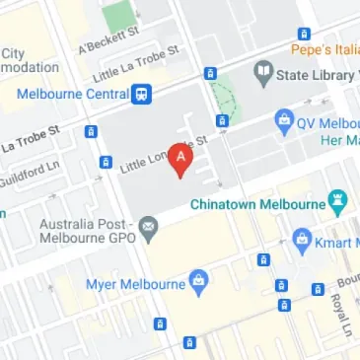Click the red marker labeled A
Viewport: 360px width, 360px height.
point(180,159)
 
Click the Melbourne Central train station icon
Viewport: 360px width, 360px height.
point(143,95)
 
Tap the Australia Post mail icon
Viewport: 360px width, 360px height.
point(148,231)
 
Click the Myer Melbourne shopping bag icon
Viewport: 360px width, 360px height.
point(198,282)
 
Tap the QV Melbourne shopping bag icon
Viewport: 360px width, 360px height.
point(285,122)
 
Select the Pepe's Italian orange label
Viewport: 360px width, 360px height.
point(324,47)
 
